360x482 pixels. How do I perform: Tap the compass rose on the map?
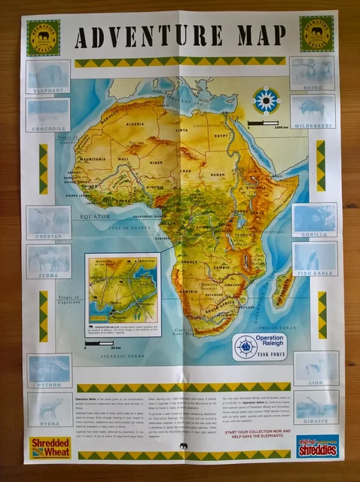[x=266, y=100]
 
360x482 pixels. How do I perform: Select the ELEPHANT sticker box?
[x=48, y=77]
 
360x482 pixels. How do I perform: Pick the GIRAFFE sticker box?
[x=316, y=407]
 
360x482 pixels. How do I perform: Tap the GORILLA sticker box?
[x=315, y=219]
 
